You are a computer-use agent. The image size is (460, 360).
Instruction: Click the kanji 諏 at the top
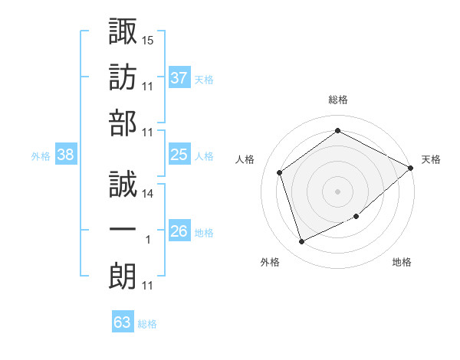[x=123, y=31]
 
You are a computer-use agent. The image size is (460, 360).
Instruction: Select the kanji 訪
[x=123, y=77]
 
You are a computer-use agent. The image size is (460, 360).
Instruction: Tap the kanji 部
[x=123, y=123]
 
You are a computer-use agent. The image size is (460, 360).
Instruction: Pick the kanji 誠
[x=123, y=184]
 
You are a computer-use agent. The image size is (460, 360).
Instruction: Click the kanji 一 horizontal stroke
[x=123, y=229]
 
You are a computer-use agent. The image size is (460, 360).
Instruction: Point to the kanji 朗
[x=123, y=276]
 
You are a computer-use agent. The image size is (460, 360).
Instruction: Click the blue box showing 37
[x=179, y=77]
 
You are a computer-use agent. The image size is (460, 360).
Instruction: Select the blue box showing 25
[x=179, y=154]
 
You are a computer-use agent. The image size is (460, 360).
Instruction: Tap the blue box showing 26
[x=179, y=230]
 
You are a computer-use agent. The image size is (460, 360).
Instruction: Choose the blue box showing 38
[x=66, y=154]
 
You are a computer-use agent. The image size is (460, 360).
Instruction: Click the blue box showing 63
[x=123, y=321]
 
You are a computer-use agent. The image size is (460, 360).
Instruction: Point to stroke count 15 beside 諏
[x=147, y=41]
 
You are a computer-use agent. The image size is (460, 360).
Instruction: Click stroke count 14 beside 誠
[x=147, y=194]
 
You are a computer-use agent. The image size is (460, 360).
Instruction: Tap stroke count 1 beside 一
[x=148, y=240]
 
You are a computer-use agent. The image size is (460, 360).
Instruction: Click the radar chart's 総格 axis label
[x=338, y=100]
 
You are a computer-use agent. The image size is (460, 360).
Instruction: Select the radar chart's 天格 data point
[x=410, y=168]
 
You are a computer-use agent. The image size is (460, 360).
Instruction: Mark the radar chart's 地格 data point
[x=356, y=216]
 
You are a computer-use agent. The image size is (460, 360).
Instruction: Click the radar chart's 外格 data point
[x=301, y=241]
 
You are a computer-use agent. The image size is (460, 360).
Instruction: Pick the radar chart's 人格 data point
[x=279, y=172]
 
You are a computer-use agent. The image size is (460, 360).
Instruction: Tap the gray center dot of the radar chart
[x=337, y=191]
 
